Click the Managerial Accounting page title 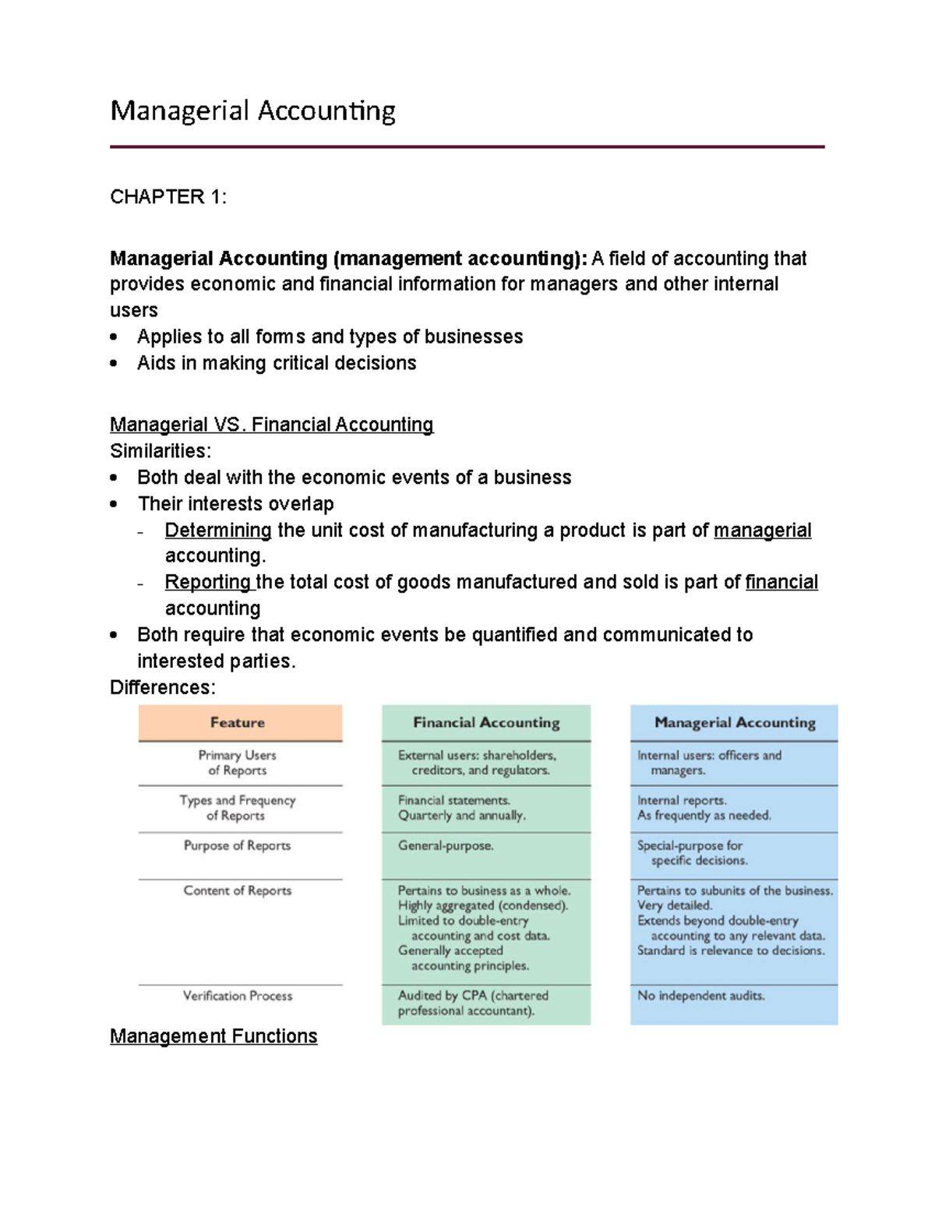(252, 111)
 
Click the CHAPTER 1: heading (168, 197)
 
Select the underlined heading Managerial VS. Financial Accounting (271, 425)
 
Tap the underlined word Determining (218, 531)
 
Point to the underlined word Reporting (208, 583)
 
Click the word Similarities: (161, 451)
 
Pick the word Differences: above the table (163, 688)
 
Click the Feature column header (238, 723)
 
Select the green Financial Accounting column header (486, 723)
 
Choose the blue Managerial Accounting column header (735, 723)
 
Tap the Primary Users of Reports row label (237, 763)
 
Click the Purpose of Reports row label (237, 846)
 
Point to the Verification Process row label (238, 997)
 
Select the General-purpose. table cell (446, 846)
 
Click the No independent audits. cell (700, 997)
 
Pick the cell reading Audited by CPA (473, 1004)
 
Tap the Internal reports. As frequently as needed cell (704, 808)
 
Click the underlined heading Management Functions (213, 1036)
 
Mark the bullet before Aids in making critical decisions (114, 363)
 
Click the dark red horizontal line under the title (467, 146)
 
